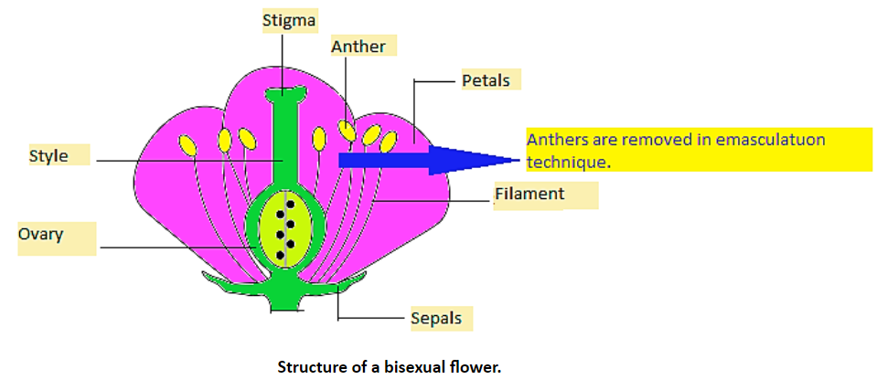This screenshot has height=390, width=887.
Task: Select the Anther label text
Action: [x=358, y=46]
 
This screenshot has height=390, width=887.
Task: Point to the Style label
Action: [x=48, y=156]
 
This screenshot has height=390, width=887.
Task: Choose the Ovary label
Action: [x=41, y=235]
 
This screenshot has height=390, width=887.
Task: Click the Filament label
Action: [x=529, y=195]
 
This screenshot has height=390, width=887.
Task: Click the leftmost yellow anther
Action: [x=187, y=145]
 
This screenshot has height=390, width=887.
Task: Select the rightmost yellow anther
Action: [x=389, y=141]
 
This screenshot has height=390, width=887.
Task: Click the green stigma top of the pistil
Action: [x=286, y=95]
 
